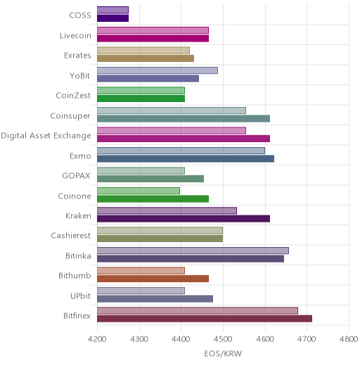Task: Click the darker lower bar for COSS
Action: (x=112, y=18)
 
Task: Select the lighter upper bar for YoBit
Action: (x=157, y=70)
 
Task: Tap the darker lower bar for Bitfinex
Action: (x=205, y=319)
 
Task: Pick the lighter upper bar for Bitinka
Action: (x=193, y=251)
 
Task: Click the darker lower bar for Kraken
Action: (x=184, y=219)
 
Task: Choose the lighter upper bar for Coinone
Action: (x=139, y=191)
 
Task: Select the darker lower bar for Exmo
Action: (x=186, y=159)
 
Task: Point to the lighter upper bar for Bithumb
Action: (x=141, y=271)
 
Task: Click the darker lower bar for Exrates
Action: (x=146, y=58)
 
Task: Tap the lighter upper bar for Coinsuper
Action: (x=172, y=111)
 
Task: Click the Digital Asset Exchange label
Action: (x=46, y=136)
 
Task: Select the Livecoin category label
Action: (x=75, y=36)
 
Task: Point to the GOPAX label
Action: (x=76, y=176)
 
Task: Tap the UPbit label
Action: (x=80, y=296)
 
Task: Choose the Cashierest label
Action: (x=70, y=235)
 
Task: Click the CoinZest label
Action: (x=73, y=96)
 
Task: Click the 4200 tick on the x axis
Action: (x=97, y=339)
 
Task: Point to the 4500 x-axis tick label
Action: (x=223, y=339)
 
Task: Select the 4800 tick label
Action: (x=349, y=339)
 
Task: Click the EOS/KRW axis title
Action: (x=223, y=353)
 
